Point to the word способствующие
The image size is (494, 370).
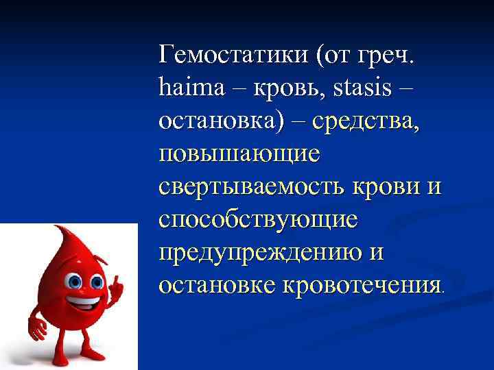257,219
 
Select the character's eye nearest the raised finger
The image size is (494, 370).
97,282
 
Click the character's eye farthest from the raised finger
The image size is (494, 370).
75,282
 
